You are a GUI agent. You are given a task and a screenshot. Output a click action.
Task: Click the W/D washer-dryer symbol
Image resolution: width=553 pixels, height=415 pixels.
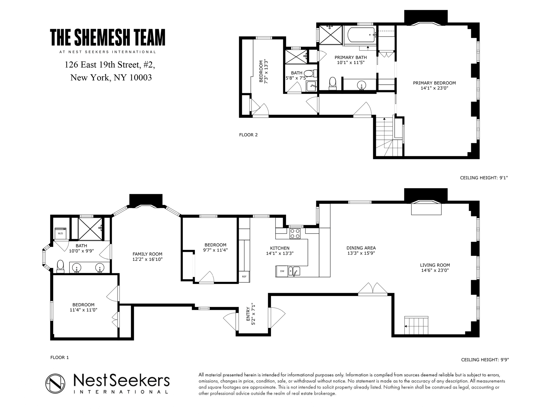pyautogui.click(x=60, y=233)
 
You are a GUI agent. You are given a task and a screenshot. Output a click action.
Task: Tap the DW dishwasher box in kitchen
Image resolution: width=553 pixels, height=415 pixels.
pyautogui.click(x=282, y=271)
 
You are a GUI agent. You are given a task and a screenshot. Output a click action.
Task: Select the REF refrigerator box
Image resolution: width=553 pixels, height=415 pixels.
pyautogui.click(x=244, y=277)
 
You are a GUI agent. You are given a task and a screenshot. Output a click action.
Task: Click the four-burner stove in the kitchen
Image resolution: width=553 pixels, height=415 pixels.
pyautogui.click(x=295, y=233)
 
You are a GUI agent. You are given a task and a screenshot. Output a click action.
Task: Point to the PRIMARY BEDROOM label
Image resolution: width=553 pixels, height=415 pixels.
pyautogui.click(x=434, y=83)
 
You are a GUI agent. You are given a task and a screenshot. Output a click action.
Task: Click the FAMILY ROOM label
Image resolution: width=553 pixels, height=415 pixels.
pyautogui.click(x=147, y=254)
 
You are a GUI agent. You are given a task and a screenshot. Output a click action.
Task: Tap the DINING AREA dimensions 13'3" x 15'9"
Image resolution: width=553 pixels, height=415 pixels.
pyautogui.click(x=361, y=253)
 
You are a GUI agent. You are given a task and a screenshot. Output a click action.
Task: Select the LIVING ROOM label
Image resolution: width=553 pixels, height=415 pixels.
pyautogui.click(x=435, y=265)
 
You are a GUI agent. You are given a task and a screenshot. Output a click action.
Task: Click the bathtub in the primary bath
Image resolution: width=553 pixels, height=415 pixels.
pyautogui.click(x=361, y=35)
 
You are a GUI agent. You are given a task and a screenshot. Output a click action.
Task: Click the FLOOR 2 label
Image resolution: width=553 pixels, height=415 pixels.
pyautogui.click(x=248, y=135)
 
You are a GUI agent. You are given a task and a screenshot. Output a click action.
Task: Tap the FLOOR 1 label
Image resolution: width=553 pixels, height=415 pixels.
pyautogui.click(x=60, y=357)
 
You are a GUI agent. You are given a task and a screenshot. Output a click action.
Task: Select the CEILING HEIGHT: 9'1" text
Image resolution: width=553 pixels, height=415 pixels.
pyautogui.click(x=484, y=178)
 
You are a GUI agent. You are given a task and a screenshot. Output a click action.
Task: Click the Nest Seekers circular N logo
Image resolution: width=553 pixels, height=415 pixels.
pyautogui.click(x=55, y=383)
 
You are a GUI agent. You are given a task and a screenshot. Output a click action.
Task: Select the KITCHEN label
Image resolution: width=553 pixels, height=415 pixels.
pyautogui.click(x=280, y=248)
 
